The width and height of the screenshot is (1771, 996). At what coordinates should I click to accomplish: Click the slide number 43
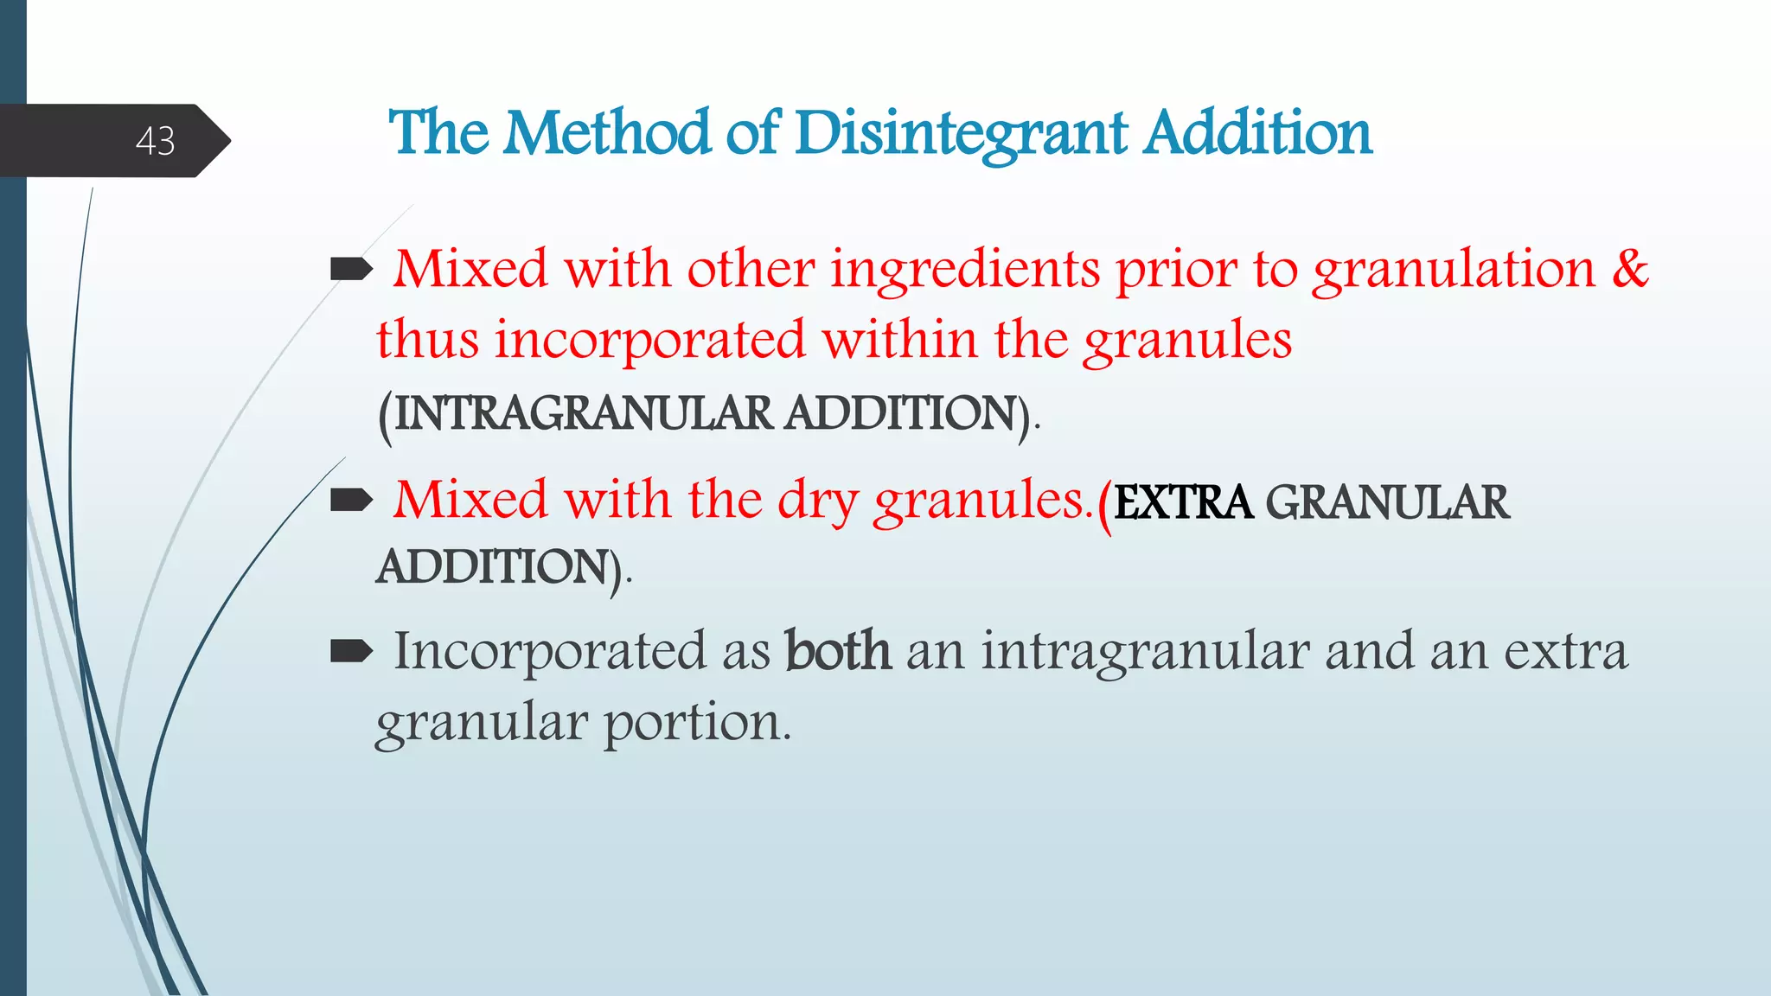point(156,141)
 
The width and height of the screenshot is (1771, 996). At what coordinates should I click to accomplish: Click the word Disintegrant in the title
point(961,134)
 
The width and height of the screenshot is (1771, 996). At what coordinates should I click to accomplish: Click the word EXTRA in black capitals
point(1183,502)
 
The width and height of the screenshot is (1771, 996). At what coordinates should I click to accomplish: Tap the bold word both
point(837,650)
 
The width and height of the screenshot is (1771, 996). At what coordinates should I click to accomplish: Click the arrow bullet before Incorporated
point(351,650)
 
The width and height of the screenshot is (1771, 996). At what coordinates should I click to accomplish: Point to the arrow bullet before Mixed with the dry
point(351,500)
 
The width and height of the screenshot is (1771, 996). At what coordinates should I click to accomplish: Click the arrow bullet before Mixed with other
point(351,270)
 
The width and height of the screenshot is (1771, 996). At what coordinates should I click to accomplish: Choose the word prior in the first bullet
point(1176,269)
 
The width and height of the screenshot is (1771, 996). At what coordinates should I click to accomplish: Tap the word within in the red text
point(899,339)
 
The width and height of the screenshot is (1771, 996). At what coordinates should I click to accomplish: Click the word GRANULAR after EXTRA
point(1387,502)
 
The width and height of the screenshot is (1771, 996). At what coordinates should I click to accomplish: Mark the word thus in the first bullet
point(427,339)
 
